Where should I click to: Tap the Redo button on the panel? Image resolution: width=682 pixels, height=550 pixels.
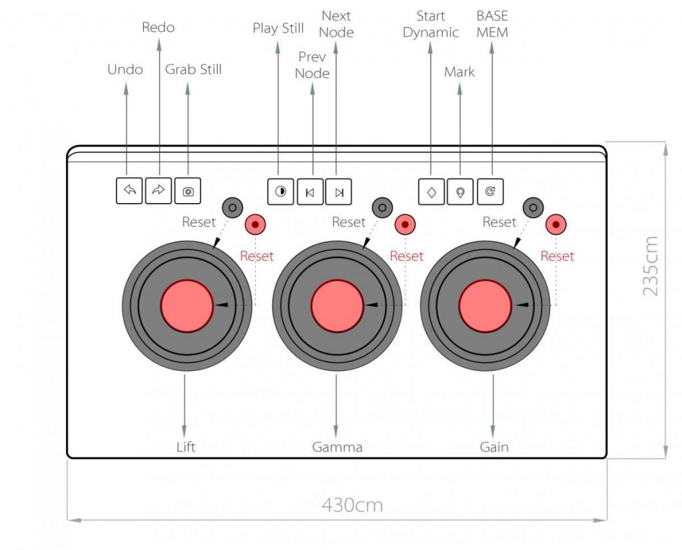(x=159, y=191)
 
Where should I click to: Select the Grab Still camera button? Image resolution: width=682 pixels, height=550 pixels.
(x=188, y=191)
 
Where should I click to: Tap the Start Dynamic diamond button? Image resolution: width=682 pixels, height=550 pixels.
(x=432, y=192)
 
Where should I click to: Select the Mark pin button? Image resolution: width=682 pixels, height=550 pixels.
(x=460, y=192)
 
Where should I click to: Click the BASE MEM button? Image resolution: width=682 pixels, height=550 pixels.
(x=490, y=192)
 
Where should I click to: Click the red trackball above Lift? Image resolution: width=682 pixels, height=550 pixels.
(x=187, y=305)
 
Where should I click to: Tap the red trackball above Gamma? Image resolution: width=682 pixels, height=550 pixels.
(x=338, y=305)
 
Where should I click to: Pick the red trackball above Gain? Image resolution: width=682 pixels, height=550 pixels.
(x=486, y=305)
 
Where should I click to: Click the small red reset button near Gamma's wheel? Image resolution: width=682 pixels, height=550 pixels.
(x=404, y=224)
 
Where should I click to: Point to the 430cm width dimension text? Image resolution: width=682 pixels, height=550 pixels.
(x=352, y=505)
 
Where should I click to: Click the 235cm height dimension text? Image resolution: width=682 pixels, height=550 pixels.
(x=652, y=266)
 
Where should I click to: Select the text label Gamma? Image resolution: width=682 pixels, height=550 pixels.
(x=337, y=447)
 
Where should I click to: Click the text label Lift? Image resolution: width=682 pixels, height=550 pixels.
(x=186, y=447)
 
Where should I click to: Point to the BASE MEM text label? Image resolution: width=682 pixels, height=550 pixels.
(x=492, y=24)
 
